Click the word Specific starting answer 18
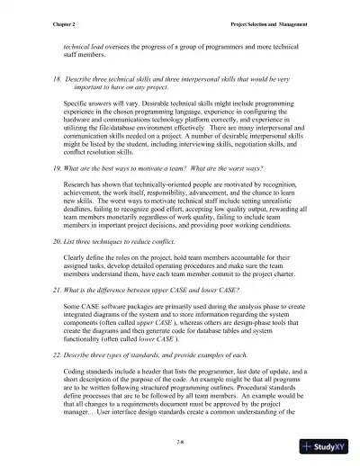click(77, 105)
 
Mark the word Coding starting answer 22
click(76, 371)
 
